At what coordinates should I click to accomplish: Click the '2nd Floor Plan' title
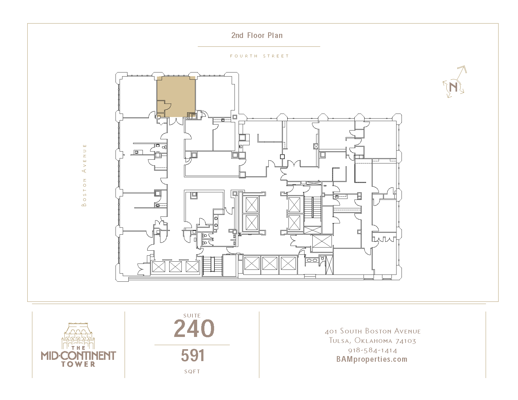tap(257, 35)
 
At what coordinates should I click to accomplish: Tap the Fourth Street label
tap(259, 56)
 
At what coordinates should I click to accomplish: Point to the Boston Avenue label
tap(84, 175)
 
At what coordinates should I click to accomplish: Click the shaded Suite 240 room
tap(176, 97)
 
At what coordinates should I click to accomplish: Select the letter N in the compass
tap(453, 87)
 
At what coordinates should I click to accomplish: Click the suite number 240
tap(194, 328)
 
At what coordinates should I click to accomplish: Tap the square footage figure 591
tap(193, 355)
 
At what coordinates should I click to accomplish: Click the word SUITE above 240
tap(192, 316)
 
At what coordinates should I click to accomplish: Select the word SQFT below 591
tap(192, 371)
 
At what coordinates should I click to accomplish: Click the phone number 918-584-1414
tap(373, 350)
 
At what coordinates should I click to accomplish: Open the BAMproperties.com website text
tap(372, 359)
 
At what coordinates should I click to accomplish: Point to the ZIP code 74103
tap(406, 341)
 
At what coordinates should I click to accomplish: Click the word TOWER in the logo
tap(78, 364)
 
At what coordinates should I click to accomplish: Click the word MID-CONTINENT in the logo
tap(78, 356)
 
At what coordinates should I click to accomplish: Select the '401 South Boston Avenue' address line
tap(373, 331)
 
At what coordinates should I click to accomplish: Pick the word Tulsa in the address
tap(340, 341)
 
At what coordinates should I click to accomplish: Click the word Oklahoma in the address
tap(373, 341)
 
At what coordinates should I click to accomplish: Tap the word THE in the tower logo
tap(78, 348)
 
